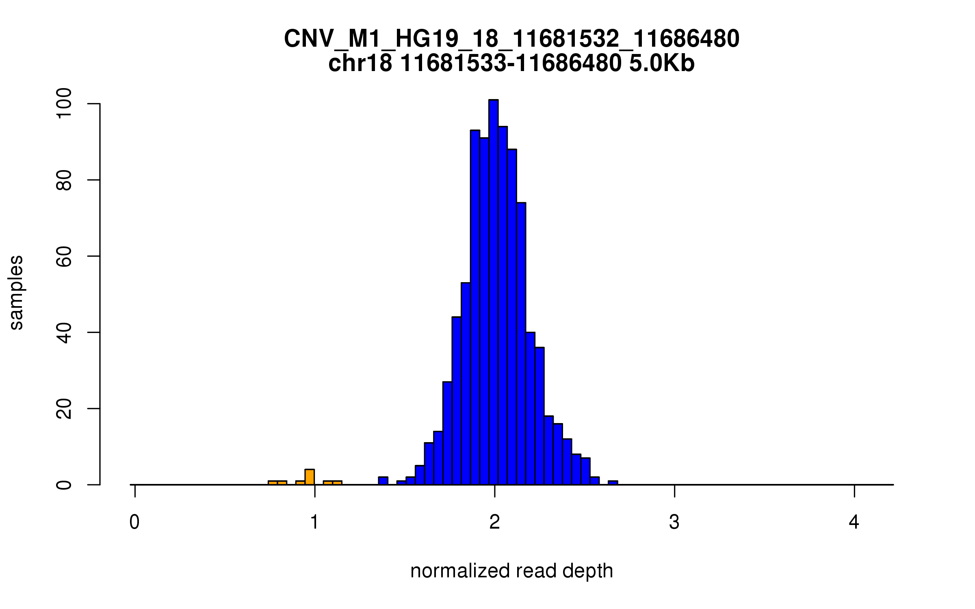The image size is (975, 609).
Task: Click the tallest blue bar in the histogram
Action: (x=493, y=292)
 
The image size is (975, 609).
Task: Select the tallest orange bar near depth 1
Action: (x=310, y=477)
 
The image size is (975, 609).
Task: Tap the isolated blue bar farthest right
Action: (x=613, y=483)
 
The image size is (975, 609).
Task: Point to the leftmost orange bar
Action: (x=273, y=483)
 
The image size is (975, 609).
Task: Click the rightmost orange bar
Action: (x=337, y=483)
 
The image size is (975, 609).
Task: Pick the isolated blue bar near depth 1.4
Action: (x=383, y=481)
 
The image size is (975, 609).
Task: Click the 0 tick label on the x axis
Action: (x=134, y=523)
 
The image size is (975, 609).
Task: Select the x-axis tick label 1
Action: (x=314, y=523)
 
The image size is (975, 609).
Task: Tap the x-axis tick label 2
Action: (x=494, y=523)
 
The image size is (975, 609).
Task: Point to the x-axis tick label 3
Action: (x=674, y=523)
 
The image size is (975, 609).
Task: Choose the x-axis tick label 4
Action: (x=854, y=523)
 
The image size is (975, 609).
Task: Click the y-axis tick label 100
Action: (x=64, y=104)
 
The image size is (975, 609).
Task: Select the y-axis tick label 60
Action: (x=64, y=256)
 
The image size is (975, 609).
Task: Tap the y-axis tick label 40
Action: (x=64, y=332)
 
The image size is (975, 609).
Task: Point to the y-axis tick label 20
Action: (x=64, y=408)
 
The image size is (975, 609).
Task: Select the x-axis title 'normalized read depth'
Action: (x=511, y=571)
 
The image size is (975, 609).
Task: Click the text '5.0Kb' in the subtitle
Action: (x=662, y=64)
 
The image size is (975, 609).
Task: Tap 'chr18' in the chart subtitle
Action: (x=360, y=64)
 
